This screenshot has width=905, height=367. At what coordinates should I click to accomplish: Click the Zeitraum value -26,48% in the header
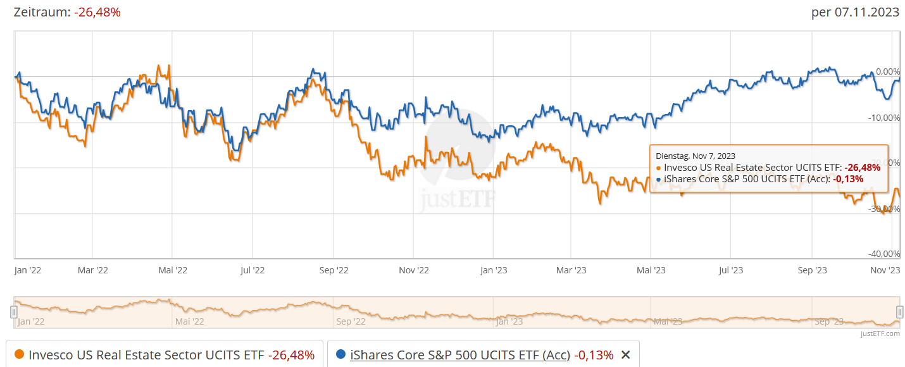97,12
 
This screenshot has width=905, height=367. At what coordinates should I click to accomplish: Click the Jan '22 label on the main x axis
28,270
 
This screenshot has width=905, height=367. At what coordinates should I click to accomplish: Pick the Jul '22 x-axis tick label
253,270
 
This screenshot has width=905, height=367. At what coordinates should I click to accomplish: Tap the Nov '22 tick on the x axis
414,270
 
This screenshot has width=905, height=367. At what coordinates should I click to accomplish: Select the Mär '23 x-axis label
571,270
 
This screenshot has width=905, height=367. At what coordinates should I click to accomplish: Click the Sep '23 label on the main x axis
812,270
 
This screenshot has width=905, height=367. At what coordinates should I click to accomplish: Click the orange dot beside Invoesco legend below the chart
19,355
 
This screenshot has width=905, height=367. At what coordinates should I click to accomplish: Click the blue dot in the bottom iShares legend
341,355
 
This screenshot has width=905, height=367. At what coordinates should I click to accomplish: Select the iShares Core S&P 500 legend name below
460,355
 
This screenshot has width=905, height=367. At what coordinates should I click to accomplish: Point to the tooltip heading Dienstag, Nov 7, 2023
696,156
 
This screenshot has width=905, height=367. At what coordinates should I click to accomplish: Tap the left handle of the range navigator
13,312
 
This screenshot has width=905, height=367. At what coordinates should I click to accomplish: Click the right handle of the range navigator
899,312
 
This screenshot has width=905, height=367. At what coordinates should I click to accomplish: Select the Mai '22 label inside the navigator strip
190,321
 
